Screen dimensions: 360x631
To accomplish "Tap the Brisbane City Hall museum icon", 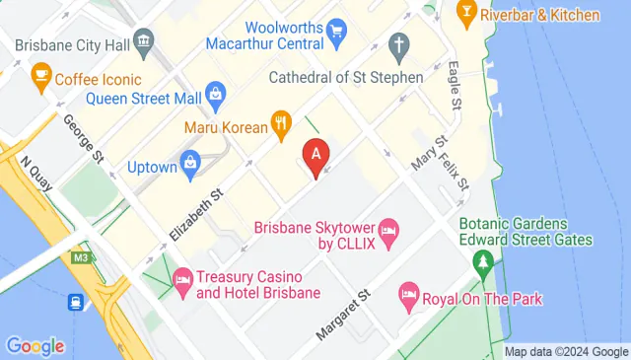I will [x=144, y=41].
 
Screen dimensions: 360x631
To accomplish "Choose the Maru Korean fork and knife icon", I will [x=282, y=123].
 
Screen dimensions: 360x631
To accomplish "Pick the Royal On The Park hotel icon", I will [x=408, y=293].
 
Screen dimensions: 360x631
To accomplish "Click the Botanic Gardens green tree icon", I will [x=483, y=263].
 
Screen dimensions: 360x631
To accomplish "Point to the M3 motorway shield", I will [x=80, y=256].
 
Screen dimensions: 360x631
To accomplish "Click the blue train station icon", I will [x=75, y=304].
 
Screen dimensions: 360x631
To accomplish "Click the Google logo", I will [x=35, y=346].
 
